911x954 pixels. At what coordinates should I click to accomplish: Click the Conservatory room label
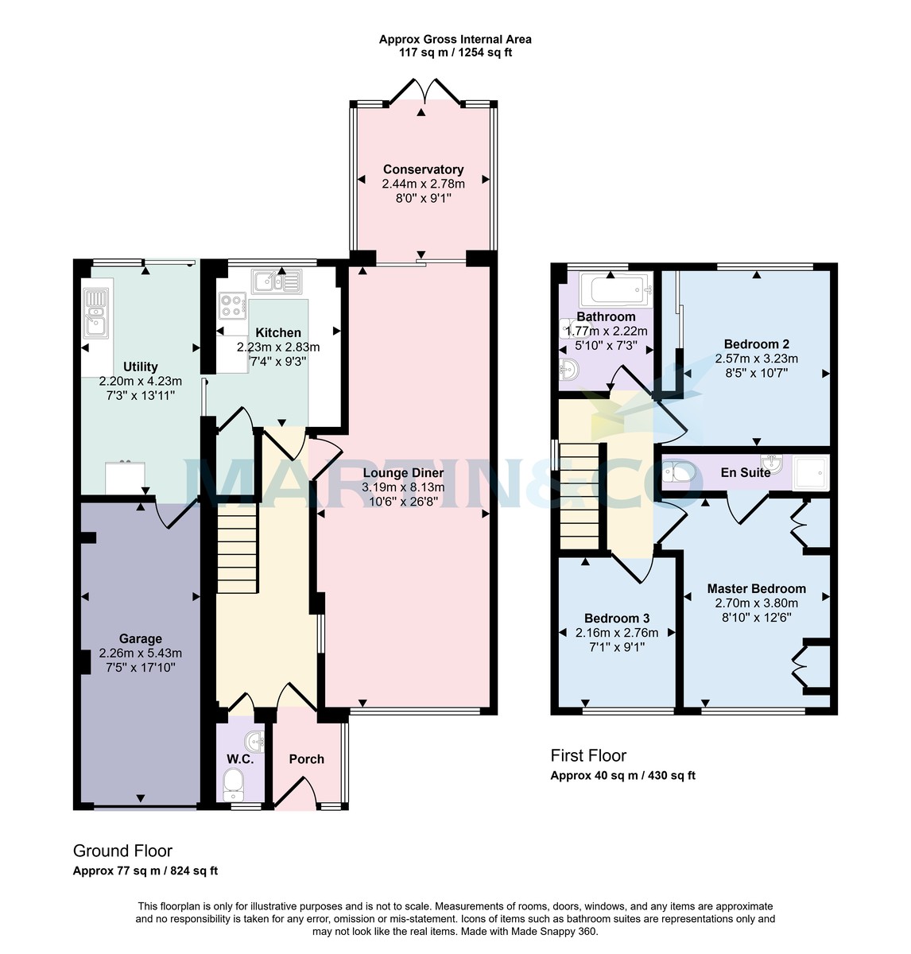pos(423,169)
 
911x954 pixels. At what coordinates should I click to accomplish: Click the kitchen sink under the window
pos(276,281)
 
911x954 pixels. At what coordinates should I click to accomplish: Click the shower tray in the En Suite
pos(811,473)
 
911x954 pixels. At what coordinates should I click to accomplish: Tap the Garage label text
pos(141,638)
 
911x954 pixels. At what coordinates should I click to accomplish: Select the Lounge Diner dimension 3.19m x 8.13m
pos(403,487)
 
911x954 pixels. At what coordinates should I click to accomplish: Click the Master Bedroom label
pos(756,589)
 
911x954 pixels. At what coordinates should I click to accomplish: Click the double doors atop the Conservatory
pos(423,92)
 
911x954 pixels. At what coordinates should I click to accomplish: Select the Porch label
pos(306,759)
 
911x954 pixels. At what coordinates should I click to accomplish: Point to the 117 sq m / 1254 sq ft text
pos(455,53)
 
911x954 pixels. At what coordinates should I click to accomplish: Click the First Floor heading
pos(588,755)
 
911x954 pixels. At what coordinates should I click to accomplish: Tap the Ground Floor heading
pos(122,851)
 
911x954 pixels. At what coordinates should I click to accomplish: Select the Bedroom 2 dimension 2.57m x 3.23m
pos(756,359)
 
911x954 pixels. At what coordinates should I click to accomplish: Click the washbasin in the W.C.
pos(256,742)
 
